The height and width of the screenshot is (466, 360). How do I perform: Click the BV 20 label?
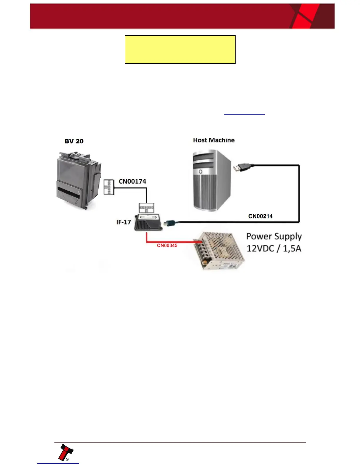pos(74,141)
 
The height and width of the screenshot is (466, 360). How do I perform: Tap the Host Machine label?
pos(214,140)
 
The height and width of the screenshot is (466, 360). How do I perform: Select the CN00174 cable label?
pos(132,181)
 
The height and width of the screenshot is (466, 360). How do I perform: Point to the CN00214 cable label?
pos(260,216)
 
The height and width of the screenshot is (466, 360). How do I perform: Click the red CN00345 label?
pos(167,245)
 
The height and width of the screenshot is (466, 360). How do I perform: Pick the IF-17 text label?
pos(124,222)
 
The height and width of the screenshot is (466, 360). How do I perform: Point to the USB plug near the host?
pos(242,167)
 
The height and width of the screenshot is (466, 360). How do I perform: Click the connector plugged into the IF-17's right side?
pos(171,223)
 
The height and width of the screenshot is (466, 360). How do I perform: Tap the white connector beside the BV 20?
pos(109,187)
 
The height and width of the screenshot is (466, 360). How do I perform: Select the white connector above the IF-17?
pos(146,207)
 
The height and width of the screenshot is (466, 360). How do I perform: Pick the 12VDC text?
pos(261,248)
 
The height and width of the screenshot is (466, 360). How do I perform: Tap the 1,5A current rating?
pos(292,248)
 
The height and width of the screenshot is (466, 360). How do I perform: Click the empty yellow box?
pos(180,49)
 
